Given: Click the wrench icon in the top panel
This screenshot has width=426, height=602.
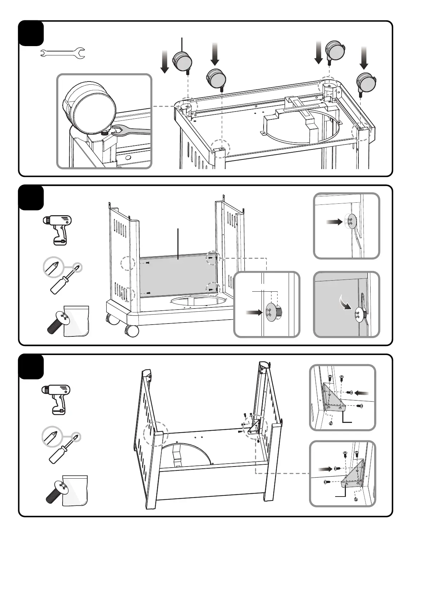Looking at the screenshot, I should coord(62,54).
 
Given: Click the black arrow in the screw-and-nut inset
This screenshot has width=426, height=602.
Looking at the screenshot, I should coord(254,313).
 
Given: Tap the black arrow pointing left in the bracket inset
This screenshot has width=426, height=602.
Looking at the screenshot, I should coord(361,393).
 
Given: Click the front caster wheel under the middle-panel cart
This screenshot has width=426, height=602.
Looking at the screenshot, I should coord(132,331).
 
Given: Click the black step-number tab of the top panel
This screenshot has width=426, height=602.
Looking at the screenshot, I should coord(31,33).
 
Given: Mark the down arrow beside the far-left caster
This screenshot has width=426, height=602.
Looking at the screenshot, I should coord(165,61).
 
